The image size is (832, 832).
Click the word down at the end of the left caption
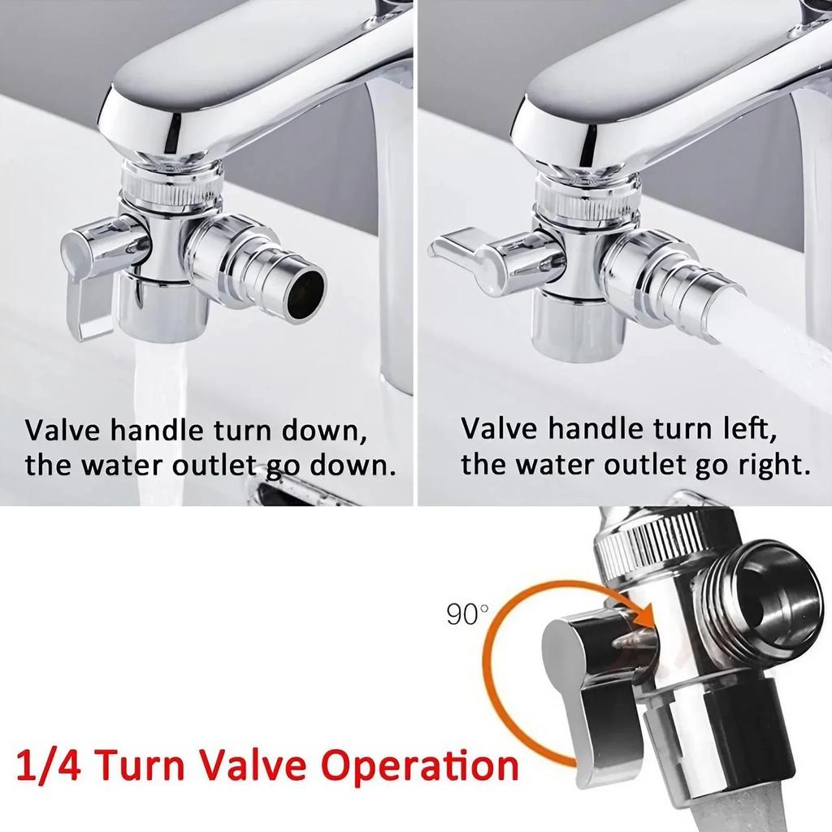click(x=355, y=466)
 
